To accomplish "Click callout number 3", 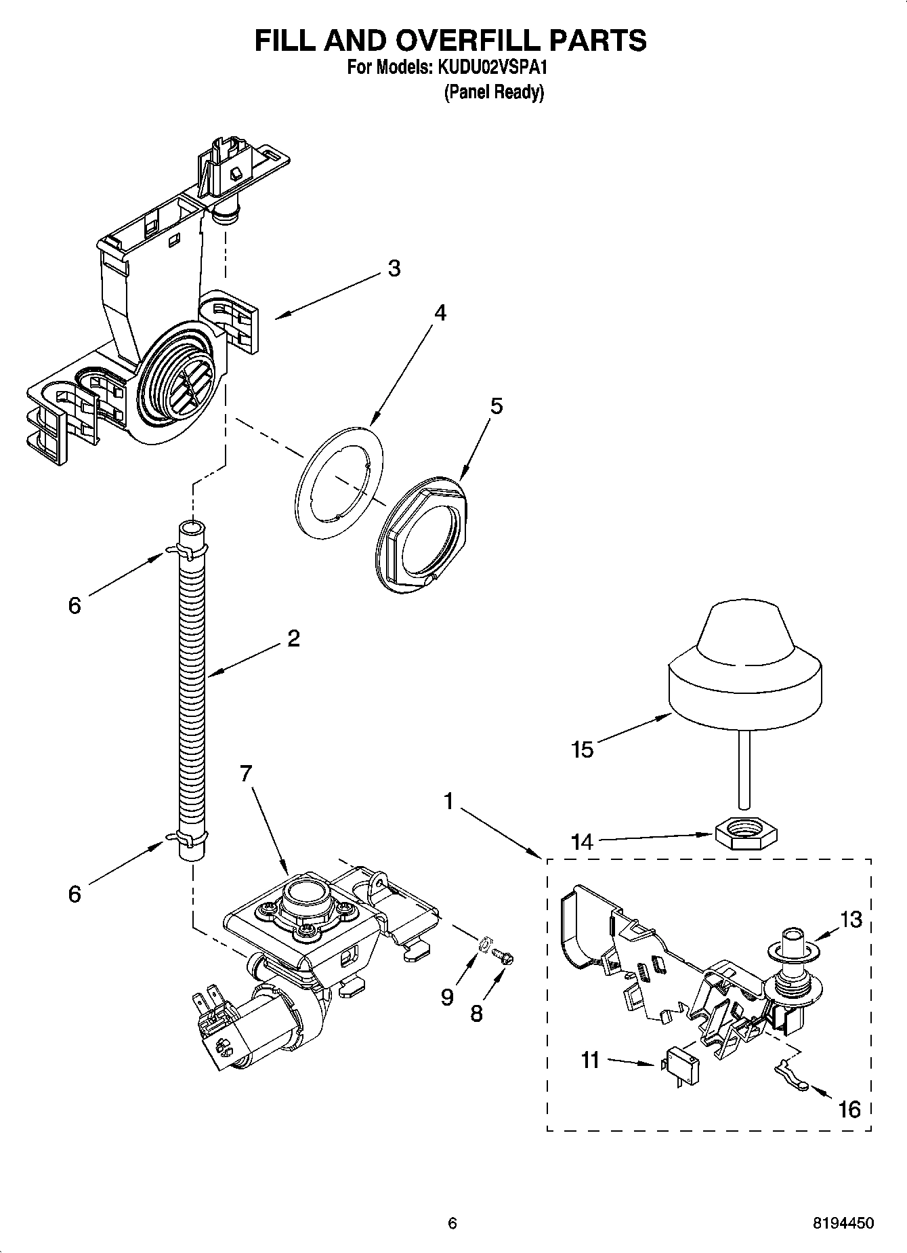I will [x=394, y=268].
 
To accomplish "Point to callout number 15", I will [x=582, y=749].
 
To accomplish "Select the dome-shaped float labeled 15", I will [x=745, y=661].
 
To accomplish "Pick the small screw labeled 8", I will [x=505, y=956].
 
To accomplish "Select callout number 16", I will [x=849, y=1109].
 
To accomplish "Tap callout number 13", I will [x=851, y=920].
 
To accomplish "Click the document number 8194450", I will [x=843, y=1223].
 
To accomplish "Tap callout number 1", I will [x=448, y=801].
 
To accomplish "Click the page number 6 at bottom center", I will [x=452, y=1223].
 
